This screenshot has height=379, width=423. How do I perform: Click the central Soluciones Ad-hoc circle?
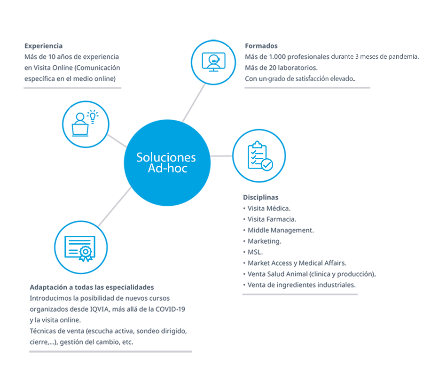pyautogui.click(x=166, y=163)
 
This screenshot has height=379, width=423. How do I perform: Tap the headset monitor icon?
pyautogui.click(x=213, y=61)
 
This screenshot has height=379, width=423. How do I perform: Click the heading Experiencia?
pyautogui.click(x=43, y=46)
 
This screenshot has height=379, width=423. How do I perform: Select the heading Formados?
pyautogui.click(x=261, y=46)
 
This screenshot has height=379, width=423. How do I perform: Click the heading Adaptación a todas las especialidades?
pyautogui.click(x=92, y=287)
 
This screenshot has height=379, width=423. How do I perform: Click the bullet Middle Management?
pyautogui.click(x=281, y=230)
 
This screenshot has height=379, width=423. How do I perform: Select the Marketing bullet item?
pyautogui.click(x=264, y=241)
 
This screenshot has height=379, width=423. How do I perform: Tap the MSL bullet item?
pyautogui.click(x=256, y=252)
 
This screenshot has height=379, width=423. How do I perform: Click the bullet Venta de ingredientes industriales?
pyautogui.click(x=301, y=285)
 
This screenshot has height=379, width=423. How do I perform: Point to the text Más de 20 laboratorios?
pyautogui.click(x=282, y=68)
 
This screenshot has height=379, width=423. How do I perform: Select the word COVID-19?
pyautogui.click(x=175, y=309)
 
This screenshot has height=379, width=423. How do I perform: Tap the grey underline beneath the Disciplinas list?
pyautogui.click(x=300, y=295)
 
